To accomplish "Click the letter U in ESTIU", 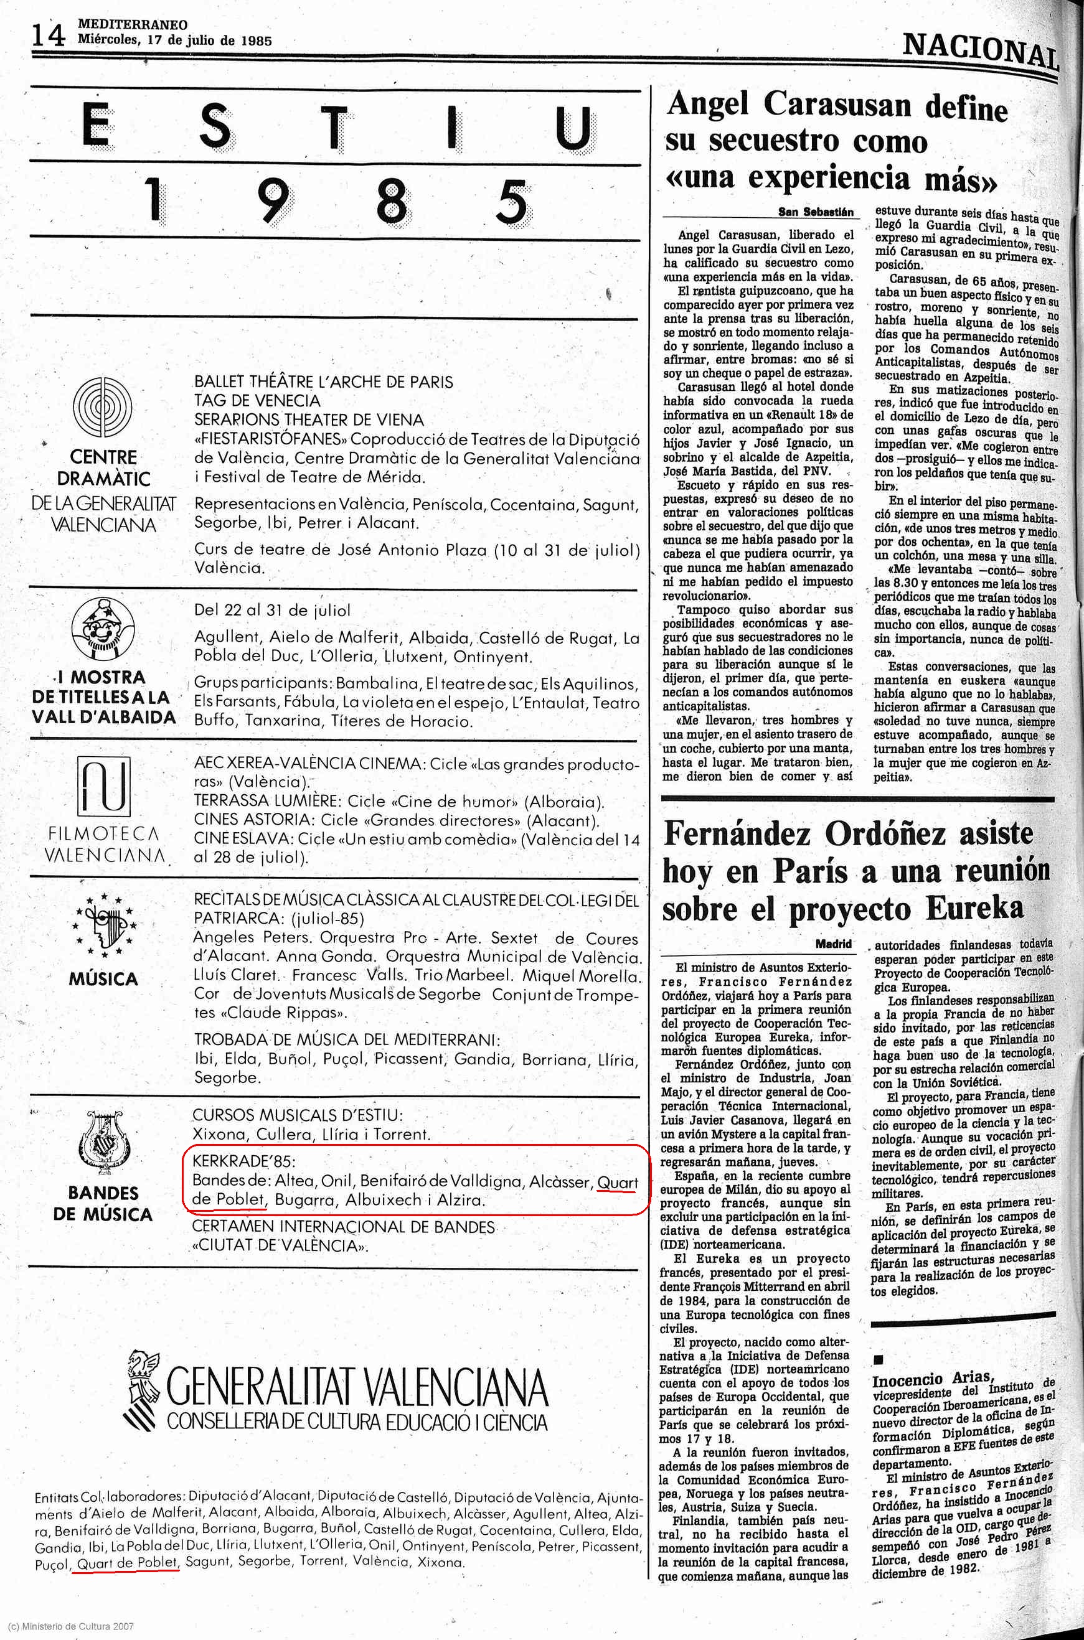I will tap(575, 130).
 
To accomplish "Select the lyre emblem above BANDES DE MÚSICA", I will tap(102, 1148).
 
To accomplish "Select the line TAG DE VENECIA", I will tap(257, 400).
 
